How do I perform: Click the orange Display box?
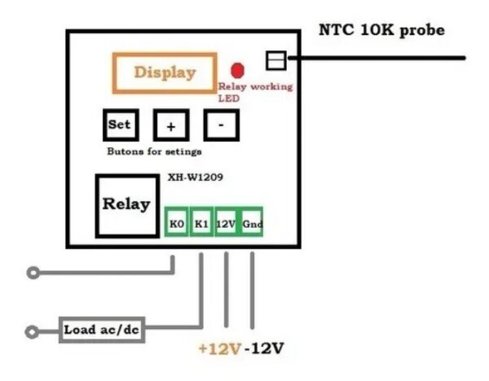pyautogui.click(x=165, y=72)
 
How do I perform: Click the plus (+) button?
pyautogui.click(x=171, y=126)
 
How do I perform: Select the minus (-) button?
pyautogui.click(x=221, y=125)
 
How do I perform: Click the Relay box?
pyautogui.click(x=126, y=204)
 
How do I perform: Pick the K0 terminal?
pyautogui.click(x=176, y=223)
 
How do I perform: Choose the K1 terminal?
pyautogui.click(x=200, y=223)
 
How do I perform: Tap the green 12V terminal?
pyautogui.click(x=226, y=223)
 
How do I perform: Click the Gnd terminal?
pyautogui.click(x=252, y=223)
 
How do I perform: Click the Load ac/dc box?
pyautogui.click(x=102, y=331)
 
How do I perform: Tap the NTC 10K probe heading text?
pyautogui.click(x=381, y=30)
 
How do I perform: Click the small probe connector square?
pyautogui.click(x=276, y=59)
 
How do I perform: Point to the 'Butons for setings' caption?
pyautogui.click(x=154, y=151)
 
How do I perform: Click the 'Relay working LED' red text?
pyautogui.click(x=254, y=91)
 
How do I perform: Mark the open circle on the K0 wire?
pyautogui.click(x=33, y=274)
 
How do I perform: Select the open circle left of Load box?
pyautogui.click(x=33, y=331)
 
